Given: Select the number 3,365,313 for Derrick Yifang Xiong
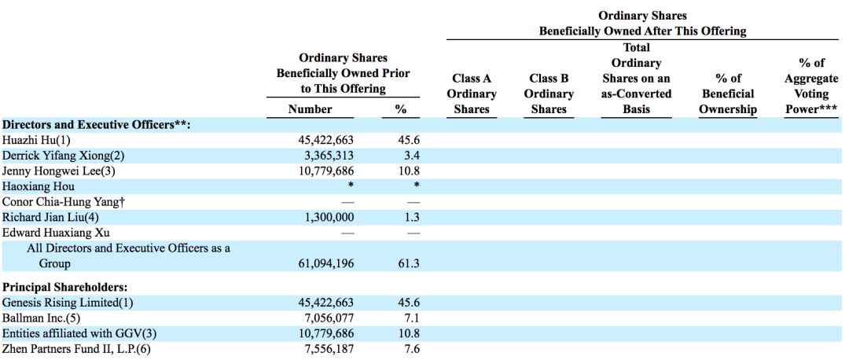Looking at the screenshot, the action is point(326,156).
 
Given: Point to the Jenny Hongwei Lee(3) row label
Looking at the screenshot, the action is point(59,171).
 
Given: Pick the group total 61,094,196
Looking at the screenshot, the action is point(322,263).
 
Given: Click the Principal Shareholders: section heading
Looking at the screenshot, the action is point(64,287).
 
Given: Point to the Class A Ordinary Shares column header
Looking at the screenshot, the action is point(472,94).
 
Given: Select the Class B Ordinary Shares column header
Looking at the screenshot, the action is point(549,94).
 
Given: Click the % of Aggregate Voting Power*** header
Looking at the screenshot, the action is point(811,86).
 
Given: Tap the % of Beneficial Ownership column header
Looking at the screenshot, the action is point(728,94).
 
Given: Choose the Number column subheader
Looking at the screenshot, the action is point(311,108).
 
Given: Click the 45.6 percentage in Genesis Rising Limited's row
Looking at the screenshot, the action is point(409,303).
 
